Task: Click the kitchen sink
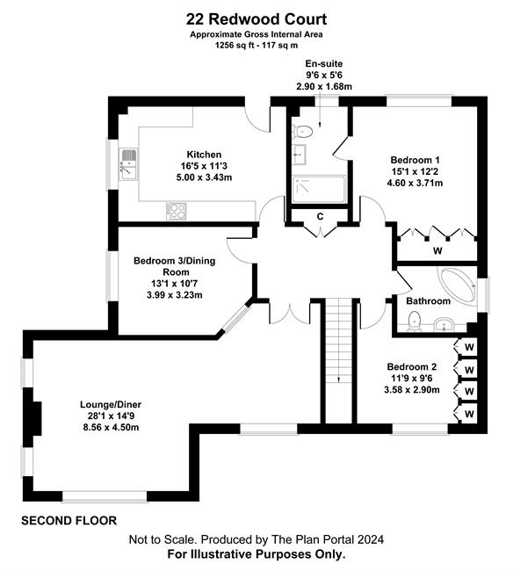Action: click(127, 164)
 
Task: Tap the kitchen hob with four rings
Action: click(177, 211)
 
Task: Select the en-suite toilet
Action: click(302, 132)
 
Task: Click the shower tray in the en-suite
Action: click(319, 189)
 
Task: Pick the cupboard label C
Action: click(320, 217)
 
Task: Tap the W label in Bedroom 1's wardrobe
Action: click(437, 250)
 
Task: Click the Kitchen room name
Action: click(204, 155)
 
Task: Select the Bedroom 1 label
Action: click(415, 160)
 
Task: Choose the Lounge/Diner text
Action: click(111, 404)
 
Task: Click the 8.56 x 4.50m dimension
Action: click(111, 427)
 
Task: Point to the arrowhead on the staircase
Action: click(339, 379)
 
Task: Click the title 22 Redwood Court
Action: click(256, 19)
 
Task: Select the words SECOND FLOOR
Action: click(69, 521)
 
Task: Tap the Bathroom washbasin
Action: click(444, 324)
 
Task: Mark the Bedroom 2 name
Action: click(412, 366)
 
